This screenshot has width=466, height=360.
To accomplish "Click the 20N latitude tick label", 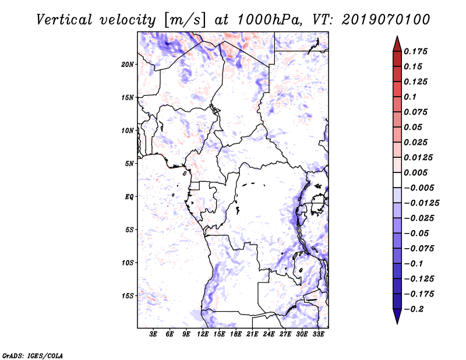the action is tap(128, 65).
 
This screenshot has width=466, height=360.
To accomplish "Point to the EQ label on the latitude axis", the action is tap(129, 197).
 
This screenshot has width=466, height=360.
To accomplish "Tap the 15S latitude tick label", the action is tap(128, 296).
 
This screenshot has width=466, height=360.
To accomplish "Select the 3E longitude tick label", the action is tap(153, 334).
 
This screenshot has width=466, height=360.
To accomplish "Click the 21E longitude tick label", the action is tap(252, 334).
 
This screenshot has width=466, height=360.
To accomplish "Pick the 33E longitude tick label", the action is tap(318, 334).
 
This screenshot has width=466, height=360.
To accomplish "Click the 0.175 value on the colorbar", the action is tap(416, 51).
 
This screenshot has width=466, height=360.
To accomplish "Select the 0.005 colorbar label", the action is tap(416, 172).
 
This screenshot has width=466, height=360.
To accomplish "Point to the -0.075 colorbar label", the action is tap(419, 249).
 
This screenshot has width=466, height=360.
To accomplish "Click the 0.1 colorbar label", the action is tap(410, 97).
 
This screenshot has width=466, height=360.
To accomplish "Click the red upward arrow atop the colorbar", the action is tap(397, 44).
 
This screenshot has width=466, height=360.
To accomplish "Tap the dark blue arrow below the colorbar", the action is tap(397, 316).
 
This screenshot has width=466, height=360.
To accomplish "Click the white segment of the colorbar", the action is tap(397, 180).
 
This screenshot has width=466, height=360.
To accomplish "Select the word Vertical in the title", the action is tap(64, 20).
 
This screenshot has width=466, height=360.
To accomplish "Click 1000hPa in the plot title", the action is tap(269, 20).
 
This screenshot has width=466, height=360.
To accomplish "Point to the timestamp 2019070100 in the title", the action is tap(386, 20).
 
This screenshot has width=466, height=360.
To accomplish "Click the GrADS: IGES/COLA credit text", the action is tap(33, 356).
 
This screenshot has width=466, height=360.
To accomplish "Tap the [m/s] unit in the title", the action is tap(184, 20).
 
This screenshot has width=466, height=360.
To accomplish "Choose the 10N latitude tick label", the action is tap(128, 131).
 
